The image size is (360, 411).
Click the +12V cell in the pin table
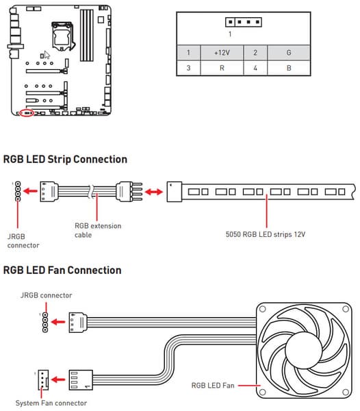(x=222, y=53)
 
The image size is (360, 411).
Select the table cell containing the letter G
(x=289, y=53)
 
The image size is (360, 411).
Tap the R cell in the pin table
(x=222, y=68)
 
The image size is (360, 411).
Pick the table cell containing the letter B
(x=289, y=68)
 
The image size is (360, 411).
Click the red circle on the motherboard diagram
(x=27, y=113)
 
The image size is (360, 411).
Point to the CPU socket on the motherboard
(x=62, y=36)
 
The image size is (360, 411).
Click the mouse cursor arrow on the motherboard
(x=47, y=55)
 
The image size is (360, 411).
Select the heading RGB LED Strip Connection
(x=65, y=159)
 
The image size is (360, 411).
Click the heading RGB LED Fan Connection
(x=62, y=271)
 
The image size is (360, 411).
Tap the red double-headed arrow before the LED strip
(x=154, y=192)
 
